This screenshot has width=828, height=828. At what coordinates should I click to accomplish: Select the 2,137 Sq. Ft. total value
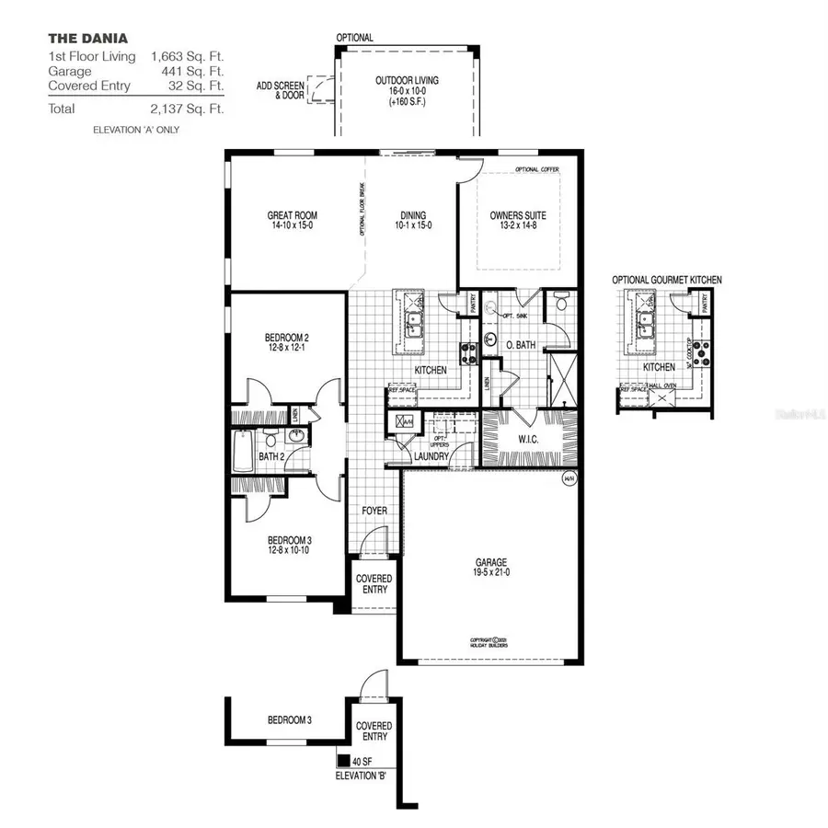coord(188,108)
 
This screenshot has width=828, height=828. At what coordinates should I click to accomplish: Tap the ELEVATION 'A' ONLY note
coord(136,130)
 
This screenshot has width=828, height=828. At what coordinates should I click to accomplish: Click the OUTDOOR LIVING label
coord(407,81)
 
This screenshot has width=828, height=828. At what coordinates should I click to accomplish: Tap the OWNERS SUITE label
coord(518,216)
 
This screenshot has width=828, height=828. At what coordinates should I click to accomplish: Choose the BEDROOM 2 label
coord(286,338)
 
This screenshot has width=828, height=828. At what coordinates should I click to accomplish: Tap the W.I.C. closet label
coord(528,439)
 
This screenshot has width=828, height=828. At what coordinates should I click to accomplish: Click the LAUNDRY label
coord(431,456)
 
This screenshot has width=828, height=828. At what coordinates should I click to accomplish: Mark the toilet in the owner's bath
coord(560,304)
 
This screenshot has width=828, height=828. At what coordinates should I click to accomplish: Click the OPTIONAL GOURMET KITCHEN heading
coord(667,280)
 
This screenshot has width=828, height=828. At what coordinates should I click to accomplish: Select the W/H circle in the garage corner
coord(568,479)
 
